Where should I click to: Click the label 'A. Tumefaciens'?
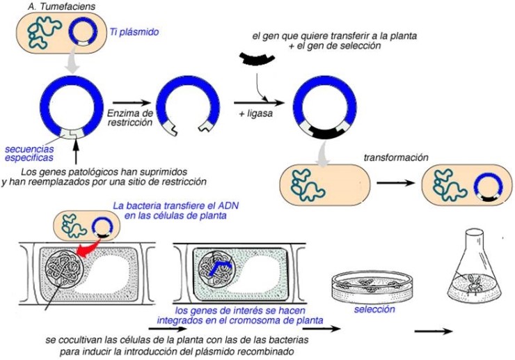click(x=61, y=6)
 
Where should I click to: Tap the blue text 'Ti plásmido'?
click(x=134, y=32)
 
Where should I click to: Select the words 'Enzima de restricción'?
click(x=130, y=118)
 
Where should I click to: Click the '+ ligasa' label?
click(x=256, y=114)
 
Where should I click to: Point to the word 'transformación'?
click(x=396, y=157)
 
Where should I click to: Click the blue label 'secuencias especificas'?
click(x=29, y=153)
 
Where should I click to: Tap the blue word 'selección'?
click(x=374, y=309)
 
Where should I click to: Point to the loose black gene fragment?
click(x=257, y=58)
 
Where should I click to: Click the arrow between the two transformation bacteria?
click(x=396, y=183)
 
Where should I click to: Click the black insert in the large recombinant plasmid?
click(x=325, y=132)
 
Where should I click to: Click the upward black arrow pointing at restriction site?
click(x=76, y=152)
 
